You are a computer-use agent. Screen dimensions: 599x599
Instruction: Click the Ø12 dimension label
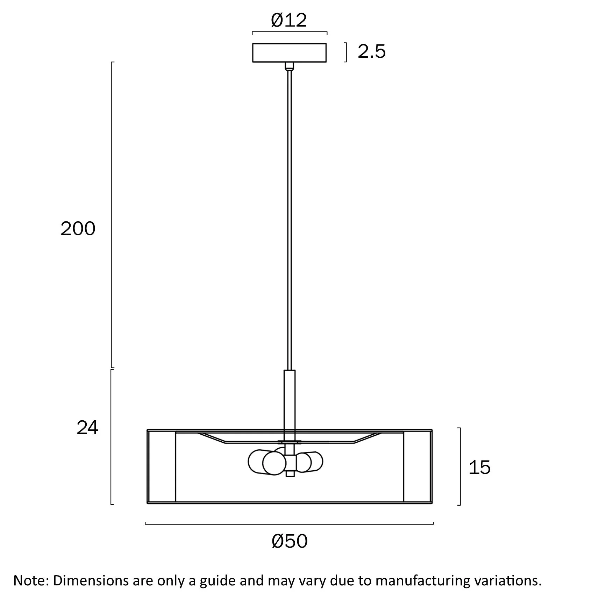tap(289, 20)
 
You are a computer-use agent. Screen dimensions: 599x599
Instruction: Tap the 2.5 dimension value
tap(372, 51)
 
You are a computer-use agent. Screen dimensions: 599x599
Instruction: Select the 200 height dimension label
tap(78, 229)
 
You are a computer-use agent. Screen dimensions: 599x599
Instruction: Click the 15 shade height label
tap(479, 468)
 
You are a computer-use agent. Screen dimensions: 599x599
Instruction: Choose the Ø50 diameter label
tap(290, 541)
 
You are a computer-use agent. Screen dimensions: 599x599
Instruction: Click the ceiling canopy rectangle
tap(290, 53)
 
